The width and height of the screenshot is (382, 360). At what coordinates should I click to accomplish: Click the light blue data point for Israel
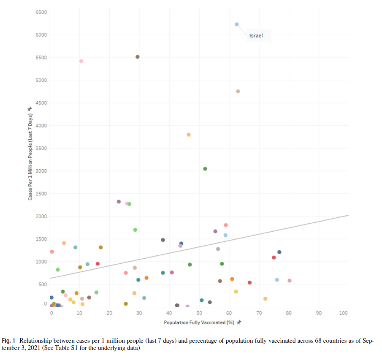pos(237,24)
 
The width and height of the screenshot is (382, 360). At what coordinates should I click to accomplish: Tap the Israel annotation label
pos(256,35)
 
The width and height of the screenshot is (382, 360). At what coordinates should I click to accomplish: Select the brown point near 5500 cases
pos(138,57)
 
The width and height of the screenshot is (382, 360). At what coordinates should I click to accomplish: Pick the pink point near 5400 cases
pos(81,61)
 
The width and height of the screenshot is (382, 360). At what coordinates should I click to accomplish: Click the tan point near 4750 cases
pos(238,91)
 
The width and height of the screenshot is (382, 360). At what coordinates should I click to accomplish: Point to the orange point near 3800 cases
pos(189,135)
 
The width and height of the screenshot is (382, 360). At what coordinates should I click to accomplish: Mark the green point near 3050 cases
pos(205,169)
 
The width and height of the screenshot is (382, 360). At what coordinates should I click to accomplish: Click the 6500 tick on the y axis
pos(41,12)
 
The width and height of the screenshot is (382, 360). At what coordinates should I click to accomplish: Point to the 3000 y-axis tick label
pos(41,171)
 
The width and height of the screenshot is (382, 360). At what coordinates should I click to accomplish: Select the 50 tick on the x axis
pos(199,313)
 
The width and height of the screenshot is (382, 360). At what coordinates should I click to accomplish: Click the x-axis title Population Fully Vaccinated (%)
pos(200,322)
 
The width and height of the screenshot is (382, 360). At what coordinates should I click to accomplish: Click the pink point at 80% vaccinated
pos(290,281)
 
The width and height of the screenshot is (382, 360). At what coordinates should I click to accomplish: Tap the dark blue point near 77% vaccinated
pos(279,252)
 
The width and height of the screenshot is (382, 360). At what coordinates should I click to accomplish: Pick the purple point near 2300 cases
pos(119,202)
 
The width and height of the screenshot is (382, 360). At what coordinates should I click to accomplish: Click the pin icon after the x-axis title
pos(239,322)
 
